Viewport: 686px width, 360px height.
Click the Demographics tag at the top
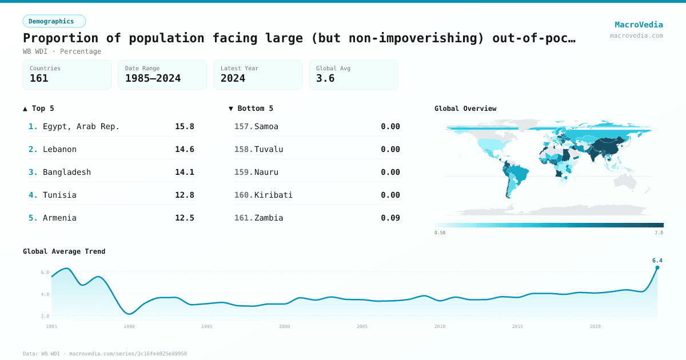coord(54,21)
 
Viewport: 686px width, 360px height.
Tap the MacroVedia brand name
coord(639,25)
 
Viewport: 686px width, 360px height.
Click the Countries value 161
coord(39,78)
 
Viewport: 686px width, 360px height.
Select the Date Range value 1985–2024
coord(153,78)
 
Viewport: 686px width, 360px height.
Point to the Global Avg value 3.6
coord(325,78)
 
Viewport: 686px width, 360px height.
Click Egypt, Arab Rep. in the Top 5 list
coord(81,126)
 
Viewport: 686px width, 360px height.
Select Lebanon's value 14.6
coord(184,149)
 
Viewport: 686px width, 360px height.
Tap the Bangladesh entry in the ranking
coord(67,172)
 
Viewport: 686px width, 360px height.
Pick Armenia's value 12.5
coord(184,218)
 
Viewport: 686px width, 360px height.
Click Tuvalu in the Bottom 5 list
coord(269,149)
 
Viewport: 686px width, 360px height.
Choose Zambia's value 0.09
coord(390,218)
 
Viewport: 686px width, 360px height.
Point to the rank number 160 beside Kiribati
coord(243,195)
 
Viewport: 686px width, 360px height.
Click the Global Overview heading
coord(465,109)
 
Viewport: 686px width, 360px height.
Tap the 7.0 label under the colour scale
coord(659,233)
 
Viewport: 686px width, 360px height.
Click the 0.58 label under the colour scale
coord(440,233)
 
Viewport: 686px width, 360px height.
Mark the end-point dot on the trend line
coord(657,267)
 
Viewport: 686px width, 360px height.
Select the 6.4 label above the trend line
coord(657,261)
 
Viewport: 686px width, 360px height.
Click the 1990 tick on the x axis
coord(129,326)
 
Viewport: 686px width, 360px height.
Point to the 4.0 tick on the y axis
coord(45,294)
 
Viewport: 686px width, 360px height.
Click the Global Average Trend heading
coord(64,251)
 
